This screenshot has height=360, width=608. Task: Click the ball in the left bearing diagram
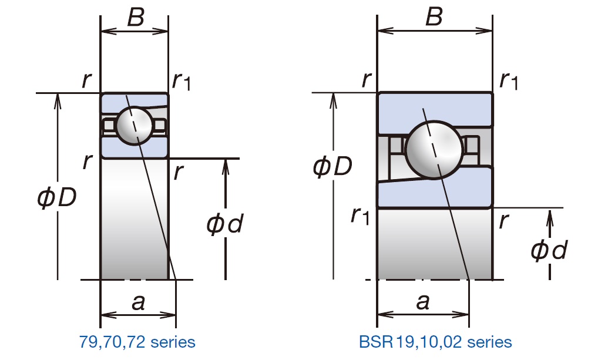click(135, 125)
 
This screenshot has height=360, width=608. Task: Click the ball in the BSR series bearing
click(434, 148)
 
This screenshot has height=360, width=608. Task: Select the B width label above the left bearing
click(135, 18)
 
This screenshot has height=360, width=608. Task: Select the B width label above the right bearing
click(434, 18)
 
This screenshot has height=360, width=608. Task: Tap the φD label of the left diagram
click(56, 198)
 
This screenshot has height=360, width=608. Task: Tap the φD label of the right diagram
click(332, 167)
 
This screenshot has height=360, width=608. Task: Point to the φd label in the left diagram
click(225, 224)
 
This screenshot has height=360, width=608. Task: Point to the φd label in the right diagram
click(549, 251)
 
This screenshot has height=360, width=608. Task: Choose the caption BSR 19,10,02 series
click(435, 341)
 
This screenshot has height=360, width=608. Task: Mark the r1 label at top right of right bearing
click(509, 80)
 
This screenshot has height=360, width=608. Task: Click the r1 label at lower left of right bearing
click(360, 216)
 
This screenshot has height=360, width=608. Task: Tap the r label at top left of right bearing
click(367, 79)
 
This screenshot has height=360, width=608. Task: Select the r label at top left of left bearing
click(87, 80)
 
